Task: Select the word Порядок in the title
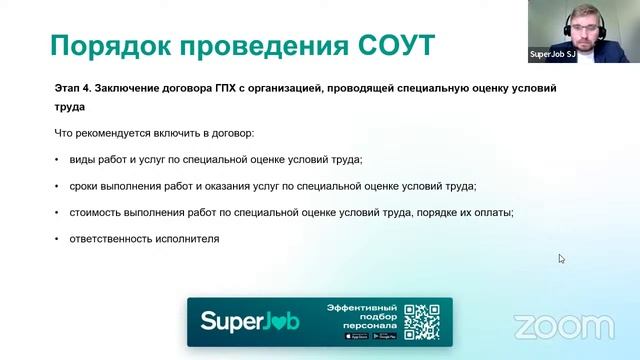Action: click(111, 45)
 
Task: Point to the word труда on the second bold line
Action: click(70, 107)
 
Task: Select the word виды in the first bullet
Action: click(82, 160)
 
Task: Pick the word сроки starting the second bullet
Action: click(86, 186)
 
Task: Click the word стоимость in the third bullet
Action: click(98, 212)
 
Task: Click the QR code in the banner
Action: click(421, 321)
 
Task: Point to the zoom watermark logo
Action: click(563, 327)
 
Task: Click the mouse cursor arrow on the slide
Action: click(561, 258)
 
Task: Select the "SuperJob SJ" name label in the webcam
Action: click(552, 55)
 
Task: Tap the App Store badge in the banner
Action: click(356, 336)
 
